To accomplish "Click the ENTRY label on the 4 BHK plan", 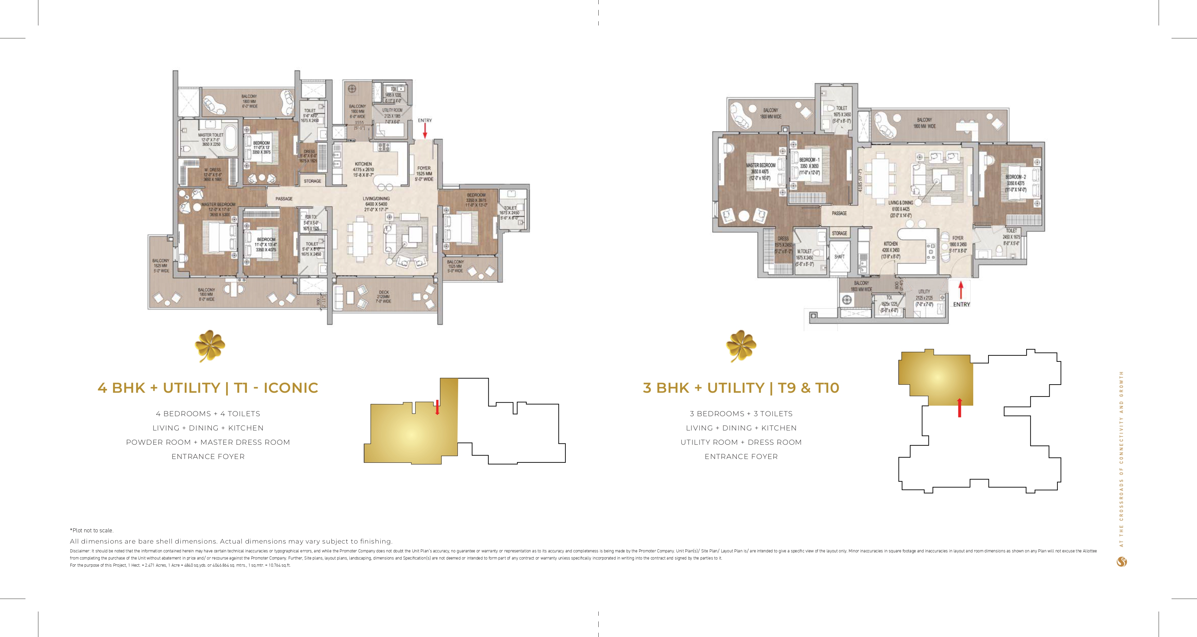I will point(425,120).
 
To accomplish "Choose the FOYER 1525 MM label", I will point(424,173).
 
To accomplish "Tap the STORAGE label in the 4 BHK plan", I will point(312,181).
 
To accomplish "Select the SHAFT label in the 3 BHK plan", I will point(839,256).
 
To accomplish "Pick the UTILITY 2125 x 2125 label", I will point(924,298).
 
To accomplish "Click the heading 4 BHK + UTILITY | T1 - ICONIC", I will point(208,388).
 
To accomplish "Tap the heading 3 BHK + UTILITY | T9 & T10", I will point(741,388).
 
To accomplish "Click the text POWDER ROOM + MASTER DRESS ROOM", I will point(208,442).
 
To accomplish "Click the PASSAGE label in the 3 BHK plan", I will point(839,213).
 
